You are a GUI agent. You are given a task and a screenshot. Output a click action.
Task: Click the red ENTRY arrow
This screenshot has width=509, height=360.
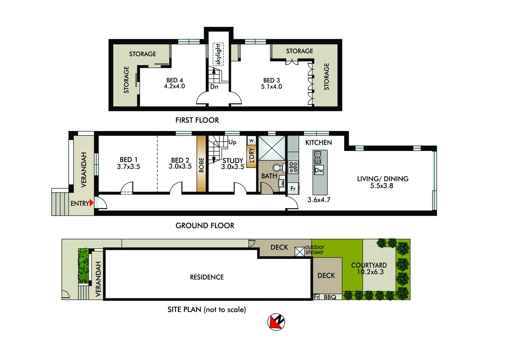[92, 203]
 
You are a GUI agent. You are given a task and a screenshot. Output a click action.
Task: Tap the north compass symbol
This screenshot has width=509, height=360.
[276, 322]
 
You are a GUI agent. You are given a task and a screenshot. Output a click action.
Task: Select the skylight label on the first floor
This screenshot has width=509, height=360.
[218, 54]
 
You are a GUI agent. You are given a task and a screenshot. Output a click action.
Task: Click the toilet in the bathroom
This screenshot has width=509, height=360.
[278, 167]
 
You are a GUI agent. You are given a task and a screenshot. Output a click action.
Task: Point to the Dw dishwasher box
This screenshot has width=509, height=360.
[319, 170]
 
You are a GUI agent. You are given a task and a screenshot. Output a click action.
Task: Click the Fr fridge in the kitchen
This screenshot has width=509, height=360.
[293, 189]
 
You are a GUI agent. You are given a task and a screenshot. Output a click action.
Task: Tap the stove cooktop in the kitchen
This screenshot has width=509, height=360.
[293, 167]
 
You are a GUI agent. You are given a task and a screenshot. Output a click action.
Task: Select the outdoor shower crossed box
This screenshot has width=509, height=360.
[300, 251]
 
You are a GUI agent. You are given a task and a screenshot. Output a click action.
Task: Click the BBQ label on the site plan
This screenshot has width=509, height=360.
[330, 297]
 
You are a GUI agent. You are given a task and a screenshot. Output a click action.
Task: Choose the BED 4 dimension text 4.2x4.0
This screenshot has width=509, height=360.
[174, 86]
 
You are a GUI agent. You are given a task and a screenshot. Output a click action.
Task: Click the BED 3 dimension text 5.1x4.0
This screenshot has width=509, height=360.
[271, 87]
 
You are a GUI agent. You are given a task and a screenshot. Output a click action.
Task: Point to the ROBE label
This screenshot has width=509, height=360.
[201, 165]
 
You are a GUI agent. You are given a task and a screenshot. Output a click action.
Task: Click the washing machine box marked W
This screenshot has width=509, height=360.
[251, 140]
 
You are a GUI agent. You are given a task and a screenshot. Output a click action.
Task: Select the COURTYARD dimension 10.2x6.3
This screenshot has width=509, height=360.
[370, 272]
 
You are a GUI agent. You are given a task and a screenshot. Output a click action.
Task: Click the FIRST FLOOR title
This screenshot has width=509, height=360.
[197, 120]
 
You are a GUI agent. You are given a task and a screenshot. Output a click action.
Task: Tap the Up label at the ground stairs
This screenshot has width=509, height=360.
[232, 142]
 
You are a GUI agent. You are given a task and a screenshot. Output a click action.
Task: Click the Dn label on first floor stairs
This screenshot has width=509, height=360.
[214, 87]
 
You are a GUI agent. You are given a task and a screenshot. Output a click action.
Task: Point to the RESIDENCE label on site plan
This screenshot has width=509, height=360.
[207, 277]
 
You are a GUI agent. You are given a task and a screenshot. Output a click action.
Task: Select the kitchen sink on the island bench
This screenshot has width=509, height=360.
[318, 157]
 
